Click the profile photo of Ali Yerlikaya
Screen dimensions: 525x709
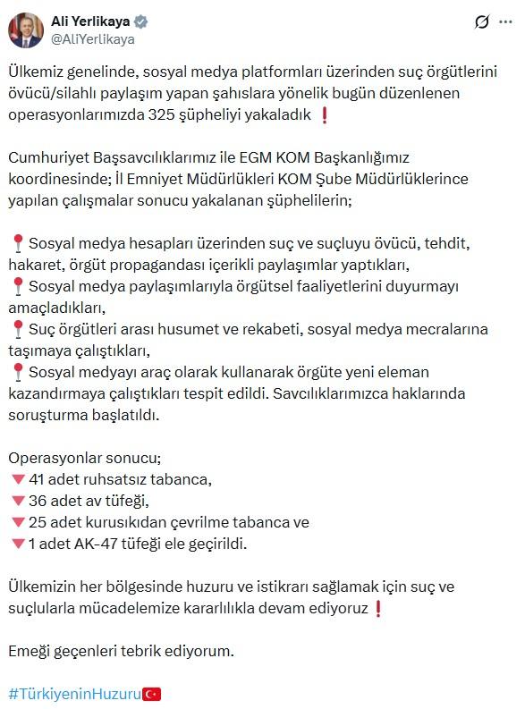[x=26, y=30]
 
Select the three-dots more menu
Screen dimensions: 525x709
[x=506, y=22]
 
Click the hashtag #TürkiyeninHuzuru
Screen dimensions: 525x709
[x=75, y=693]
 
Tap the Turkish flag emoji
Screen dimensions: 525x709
[x=152, y=693]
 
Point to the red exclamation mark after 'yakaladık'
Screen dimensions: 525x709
[x=323, y=114]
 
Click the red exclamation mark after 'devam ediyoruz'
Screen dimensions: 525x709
[x=378, y=608]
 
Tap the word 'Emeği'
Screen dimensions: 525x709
[x=29, y=650]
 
